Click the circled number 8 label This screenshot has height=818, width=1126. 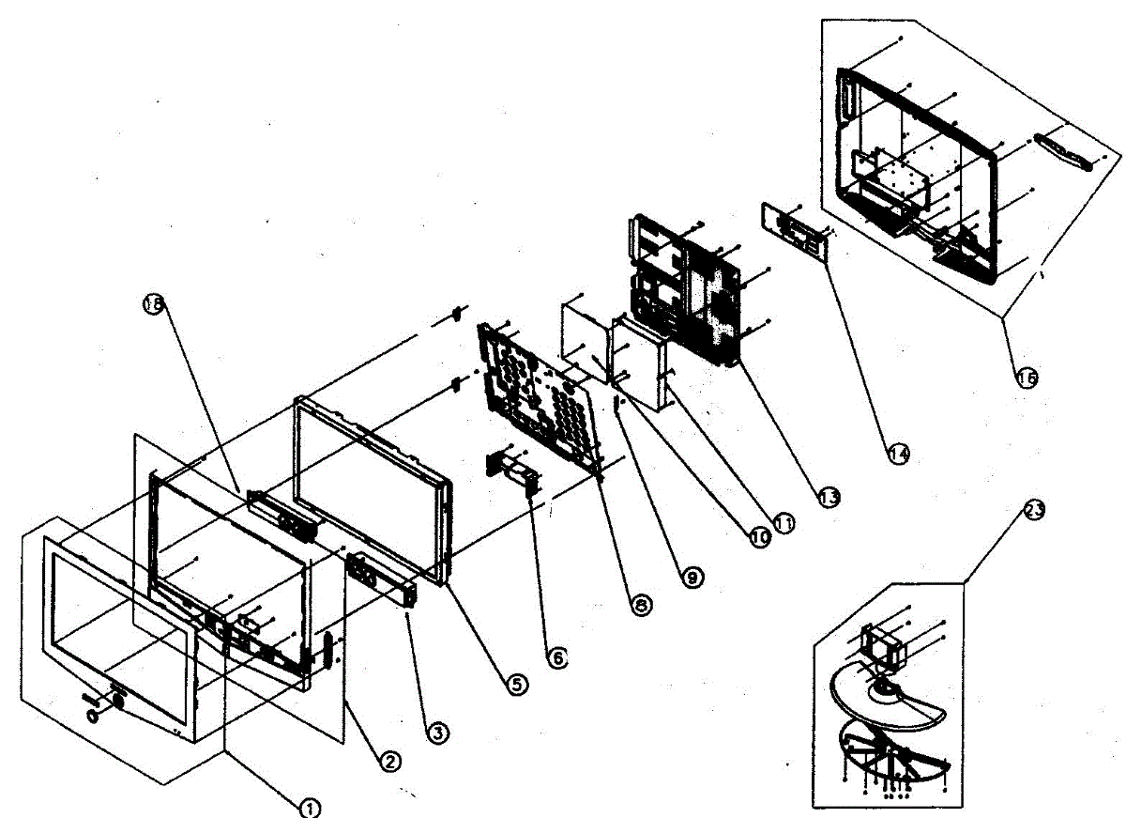coord(641,607)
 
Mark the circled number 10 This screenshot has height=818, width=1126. coord(758,535)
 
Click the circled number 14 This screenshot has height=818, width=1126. coord(898,453)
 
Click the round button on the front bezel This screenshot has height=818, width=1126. coord(92,716)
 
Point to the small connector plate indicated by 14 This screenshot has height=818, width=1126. coord(797,229)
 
